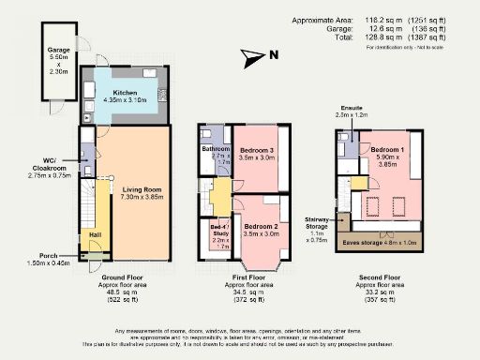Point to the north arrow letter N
(x=274, y=55)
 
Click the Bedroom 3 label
(x=258, y=151)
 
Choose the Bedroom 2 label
(x=262, y=227)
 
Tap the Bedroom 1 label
(x=389, y=150)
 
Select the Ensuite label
(x=351, y=108)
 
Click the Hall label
(x=94, y=234)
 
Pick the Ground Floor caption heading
(x=124, y=277)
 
